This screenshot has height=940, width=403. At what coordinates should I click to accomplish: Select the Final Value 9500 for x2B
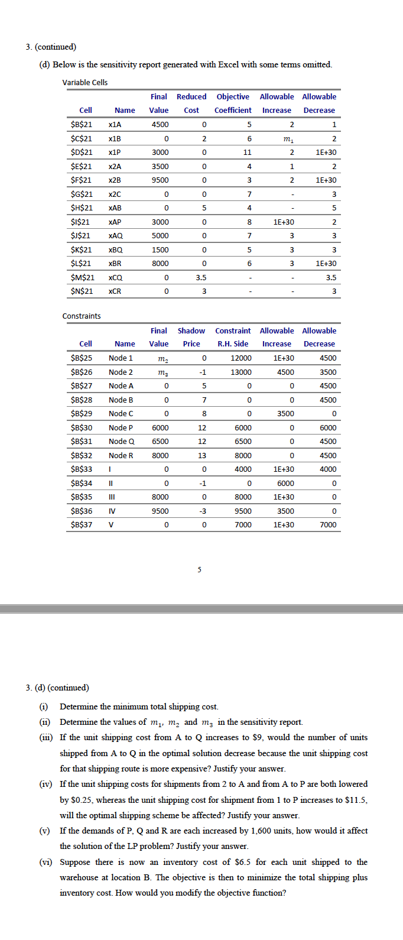click(x=160, y=180)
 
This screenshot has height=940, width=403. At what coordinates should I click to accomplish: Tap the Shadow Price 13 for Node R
click(x=202, y=456)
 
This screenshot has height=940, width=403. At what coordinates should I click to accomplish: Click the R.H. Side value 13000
click(x=240, y=372)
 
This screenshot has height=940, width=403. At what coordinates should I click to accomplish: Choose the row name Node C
click(x=121, y=414)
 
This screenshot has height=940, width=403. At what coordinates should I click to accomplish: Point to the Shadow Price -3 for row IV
click(x=202, y=511)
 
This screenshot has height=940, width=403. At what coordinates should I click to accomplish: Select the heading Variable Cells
click(x=85, y=83)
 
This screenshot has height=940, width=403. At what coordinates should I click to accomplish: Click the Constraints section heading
click(x=82, y=316)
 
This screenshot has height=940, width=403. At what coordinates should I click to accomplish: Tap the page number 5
click(x=199, y=570)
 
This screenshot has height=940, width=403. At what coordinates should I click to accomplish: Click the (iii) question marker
click(x=45, y=738)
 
